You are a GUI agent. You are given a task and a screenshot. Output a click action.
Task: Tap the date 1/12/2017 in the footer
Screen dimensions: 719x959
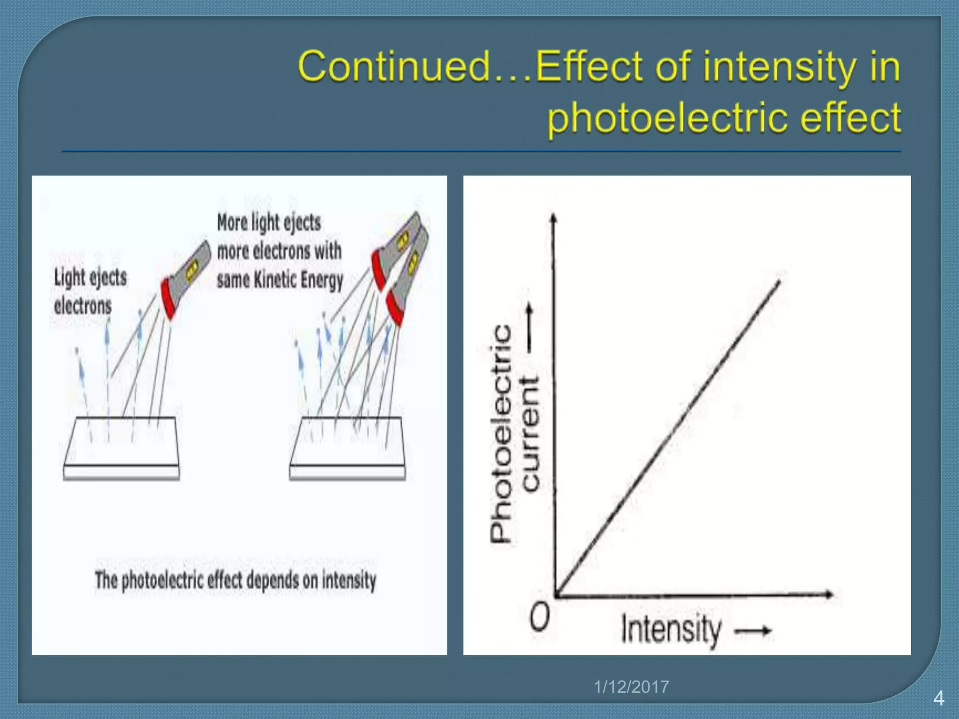631,687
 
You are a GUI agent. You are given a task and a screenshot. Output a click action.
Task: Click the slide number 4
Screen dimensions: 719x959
938,698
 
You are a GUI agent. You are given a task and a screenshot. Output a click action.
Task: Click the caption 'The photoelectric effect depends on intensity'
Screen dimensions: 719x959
236,580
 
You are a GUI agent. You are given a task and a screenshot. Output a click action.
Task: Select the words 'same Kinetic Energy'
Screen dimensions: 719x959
280,280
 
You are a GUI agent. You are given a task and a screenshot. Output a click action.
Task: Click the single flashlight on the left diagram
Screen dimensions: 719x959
185,281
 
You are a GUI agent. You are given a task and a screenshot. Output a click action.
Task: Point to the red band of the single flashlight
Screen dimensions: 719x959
170,298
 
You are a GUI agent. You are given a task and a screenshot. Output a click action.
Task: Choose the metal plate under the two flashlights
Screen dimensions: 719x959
347,447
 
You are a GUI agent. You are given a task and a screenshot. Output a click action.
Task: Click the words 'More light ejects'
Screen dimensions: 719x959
269,222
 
